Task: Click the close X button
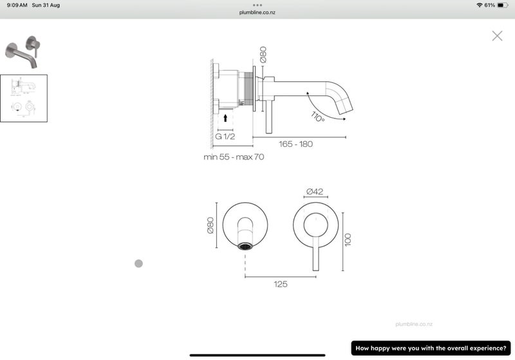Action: [x=497, y=36]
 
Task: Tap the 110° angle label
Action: [x=317, y=117]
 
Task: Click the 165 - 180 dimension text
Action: [x=295, y=144]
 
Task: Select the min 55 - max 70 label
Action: [x=234, y=157]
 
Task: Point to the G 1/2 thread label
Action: [x=225, y=137]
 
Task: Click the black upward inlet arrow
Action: [x=225, y=118]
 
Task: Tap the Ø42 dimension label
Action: [x=315, y=191]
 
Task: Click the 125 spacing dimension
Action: [x=281, y=284]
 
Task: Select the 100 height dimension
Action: [x=348, y=240]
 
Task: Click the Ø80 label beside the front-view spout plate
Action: [x=211, y=225]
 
